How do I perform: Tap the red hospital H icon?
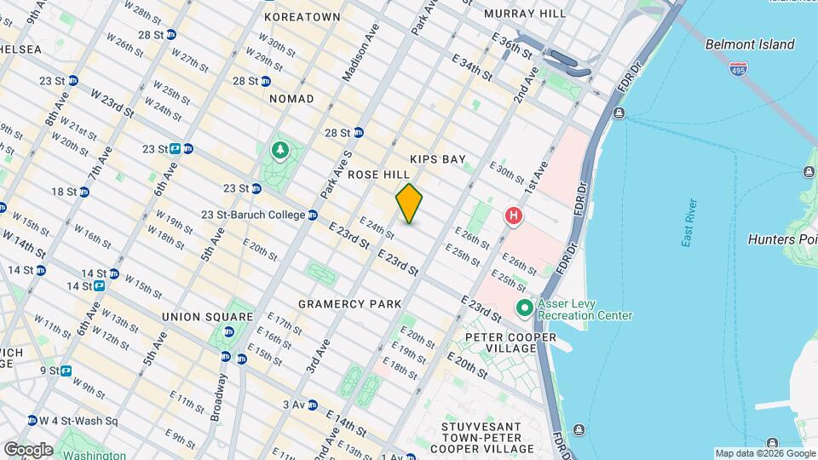tap(513, 216)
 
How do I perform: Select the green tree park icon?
tap(279, 151)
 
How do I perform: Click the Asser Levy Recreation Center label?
tap(585, 309)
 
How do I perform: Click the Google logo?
tap(27, 449)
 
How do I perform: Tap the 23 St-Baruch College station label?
tap(253, 215)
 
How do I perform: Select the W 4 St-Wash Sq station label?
tap(77, 420)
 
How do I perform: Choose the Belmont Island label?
tap(749, 44)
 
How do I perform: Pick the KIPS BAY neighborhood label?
tap(437, 159)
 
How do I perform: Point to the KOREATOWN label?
tap(302, 17)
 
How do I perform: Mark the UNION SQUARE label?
tap(207, 317)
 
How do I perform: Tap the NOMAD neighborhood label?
tap(291, 99)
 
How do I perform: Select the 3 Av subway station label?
tap(294, 405)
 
